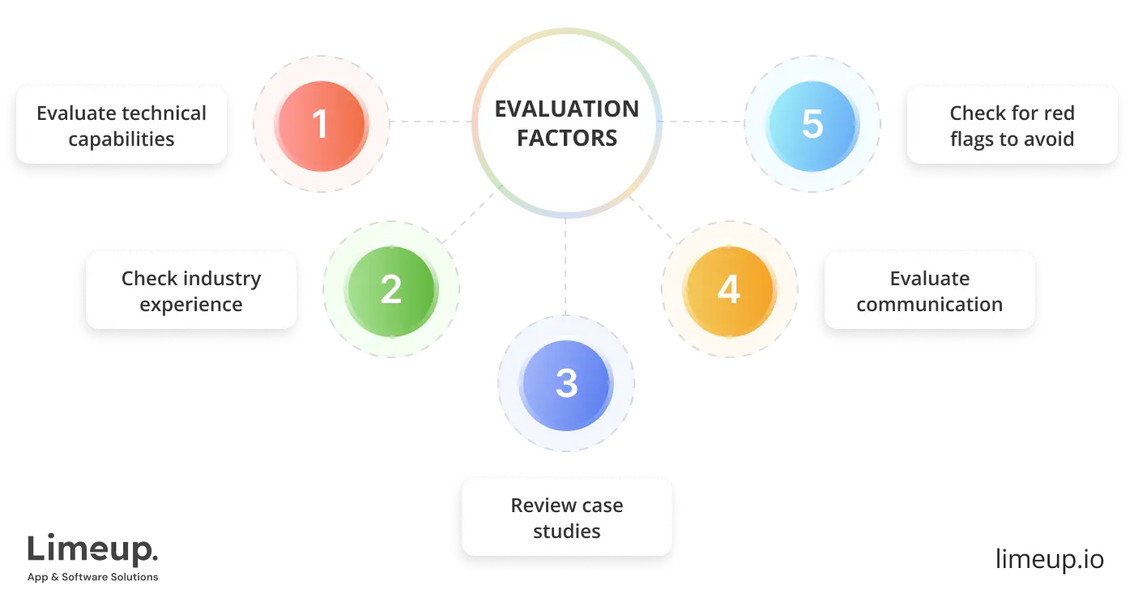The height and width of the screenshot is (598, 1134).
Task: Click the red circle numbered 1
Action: point(321,124)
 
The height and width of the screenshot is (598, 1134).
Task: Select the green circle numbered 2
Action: point(390,289)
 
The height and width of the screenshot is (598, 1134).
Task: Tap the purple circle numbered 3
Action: point(567,382)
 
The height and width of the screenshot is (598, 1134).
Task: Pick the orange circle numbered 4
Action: point(729,289)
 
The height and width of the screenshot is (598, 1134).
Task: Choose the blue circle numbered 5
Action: point(812,124)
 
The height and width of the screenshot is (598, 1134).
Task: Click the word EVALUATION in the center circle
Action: point(567,109)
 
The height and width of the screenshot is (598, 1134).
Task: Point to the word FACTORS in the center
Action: point(567,138)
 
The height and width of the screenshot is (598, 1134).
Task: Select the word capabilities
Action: point(122,139)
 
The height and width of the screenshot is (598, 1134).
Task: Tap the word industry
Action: point(220,279)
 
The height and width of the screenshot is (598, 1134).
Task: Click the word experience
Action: point(191,305)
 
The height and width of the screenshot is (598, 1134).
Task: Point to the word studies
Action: point(567,532)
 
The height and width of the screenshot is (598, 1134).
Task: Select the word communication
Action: point(930,305)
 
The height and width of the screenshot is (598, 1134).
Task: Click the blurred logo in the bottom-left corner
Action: point(93,557)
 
